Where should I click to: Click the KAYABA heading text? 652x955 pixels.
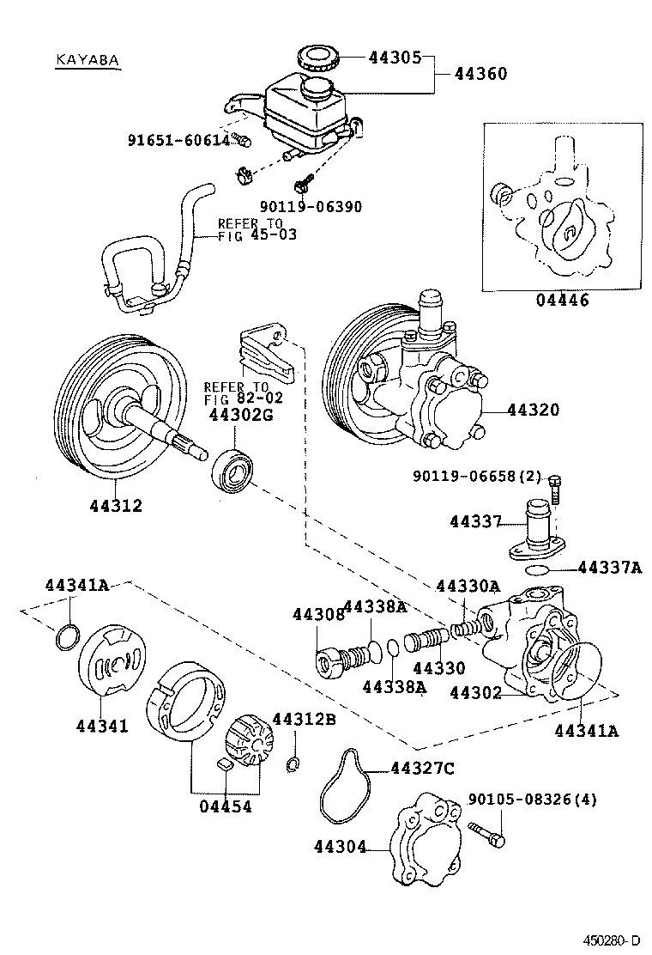(86, 60)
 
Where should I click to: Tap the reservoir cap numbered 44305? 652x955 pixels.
(317, 59)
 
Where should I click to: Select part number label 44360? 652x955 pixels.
(480, 75)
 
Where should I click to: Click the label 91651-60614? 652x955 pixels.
(179, 140)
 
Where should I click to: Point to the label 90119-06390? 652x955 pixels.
(310, 207)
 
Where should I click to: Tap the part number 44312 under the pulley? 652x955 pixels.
(116, 506)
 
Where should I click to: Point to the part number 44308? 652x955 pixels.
(317, 615)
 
